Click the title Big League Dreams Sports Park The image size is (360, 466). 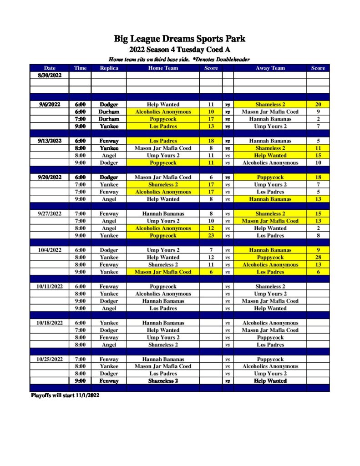[179, 39]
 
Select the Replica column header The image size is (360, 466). [109, 68]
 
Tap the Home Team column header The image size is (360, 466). [163, 68]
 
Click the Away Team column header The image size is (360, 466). [270, 68]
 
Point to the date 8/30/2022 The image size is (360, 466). [49, 75]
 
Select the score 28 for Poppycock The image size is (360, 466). [318, 257]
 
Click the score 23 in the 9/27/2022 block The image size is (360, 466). [211, 235]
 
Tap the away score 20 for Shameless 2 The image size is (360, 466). [318, 104]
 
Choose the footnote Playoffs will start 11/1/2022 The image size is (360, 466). [65, 395]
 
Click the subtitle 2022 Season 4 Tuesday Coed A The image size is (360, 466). [179, 50]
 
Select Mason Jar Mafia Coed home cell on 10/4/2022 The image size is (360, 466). [163, 272]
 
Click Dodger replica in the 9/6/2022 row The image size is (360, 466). [109, 104]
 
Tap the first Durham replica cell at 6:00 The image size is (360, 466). [109, 111]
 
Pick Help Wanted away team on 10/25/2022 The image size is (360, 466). [270, 381]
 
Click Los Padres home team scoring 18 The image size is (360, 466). [163, 141]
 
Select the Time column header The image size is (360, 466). [80, 68]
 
